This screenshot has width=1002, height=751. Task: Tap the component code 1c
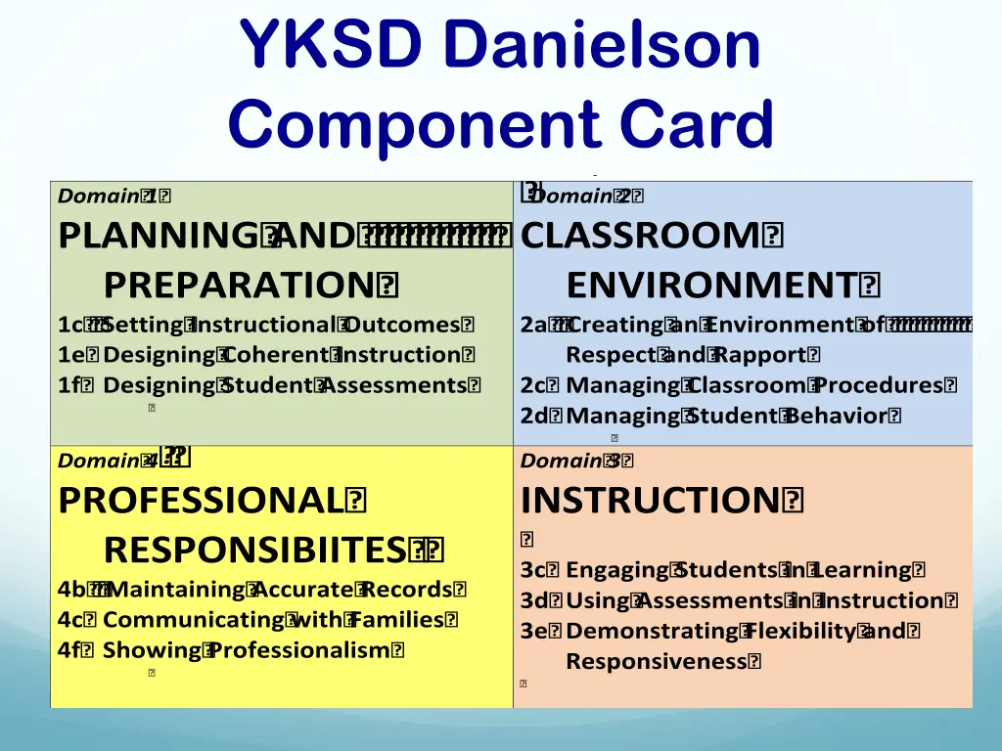pyautogui.click(x=68, y=325)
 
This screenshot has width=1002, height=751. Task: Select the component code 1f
pyautogui.click(x=68, y=385)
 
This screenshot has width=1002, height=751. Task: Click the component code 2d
pyautogui.click(x=533, y=416)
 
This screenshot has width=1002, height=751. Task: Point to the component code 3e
pyautogui.click(x=533, y=631)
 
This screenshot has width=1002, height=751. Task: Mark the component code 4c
pyautogui.click(x=70, y=620)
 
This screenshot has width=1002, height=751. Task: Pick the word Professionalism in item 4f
pyautogui.click(x=301, y=650)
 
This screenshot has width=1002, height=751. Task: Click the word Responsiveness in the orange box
pyautogui.click(x=656, y=661)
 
